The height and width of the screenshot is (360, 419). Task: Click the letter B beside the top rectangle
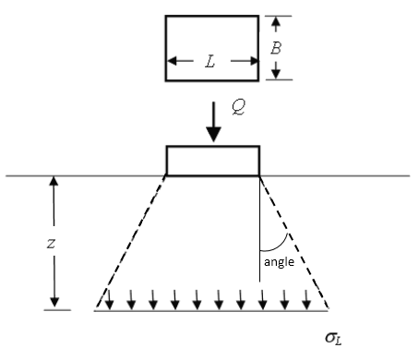click(x=275, y=47)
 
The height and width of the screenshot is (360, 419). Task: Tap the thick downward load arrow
click(x=214, y=125)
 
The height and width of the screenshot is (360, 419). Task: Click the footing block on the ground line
click(x=213, y=161)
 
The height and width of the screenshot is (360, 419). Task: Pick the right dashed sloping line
click(x=293, y=240)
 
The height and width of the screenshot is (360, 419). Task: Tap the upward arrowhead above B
click(x=275, y=20)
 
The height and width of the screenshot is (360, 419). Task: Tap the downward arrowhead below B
click(x=275, y=74)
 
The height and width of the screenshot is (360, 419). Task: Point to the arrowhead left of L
click(x=171, y=62)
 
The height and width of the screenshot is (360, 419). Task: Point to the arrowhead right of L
click(x=252, y=62)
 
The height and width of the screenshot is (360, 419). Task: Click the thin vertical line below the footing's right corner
click(x=259, y=222)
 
